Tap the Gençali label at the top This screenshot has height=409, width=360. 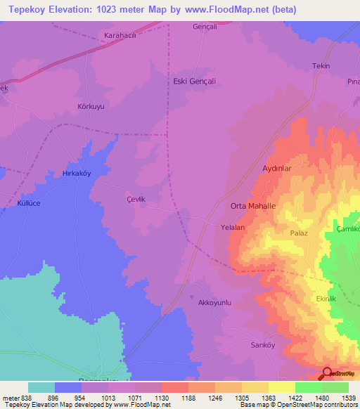[x=205, y=27]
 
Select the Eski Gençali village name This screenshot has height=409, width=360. [x=194, y=82]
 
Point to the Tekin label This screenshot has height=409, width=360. [x=321, y=66]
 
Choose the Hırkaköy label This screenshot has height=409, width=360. [x=79, y=172]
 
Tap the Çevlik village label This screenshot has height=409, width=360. [x=135, y=200]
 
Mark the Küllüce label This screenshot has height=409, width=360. [x=30, y=203]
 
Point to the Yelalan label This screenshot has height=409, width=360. [x=233, y=228]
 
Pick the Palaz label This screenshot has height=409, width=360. [x=300, y=232]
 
